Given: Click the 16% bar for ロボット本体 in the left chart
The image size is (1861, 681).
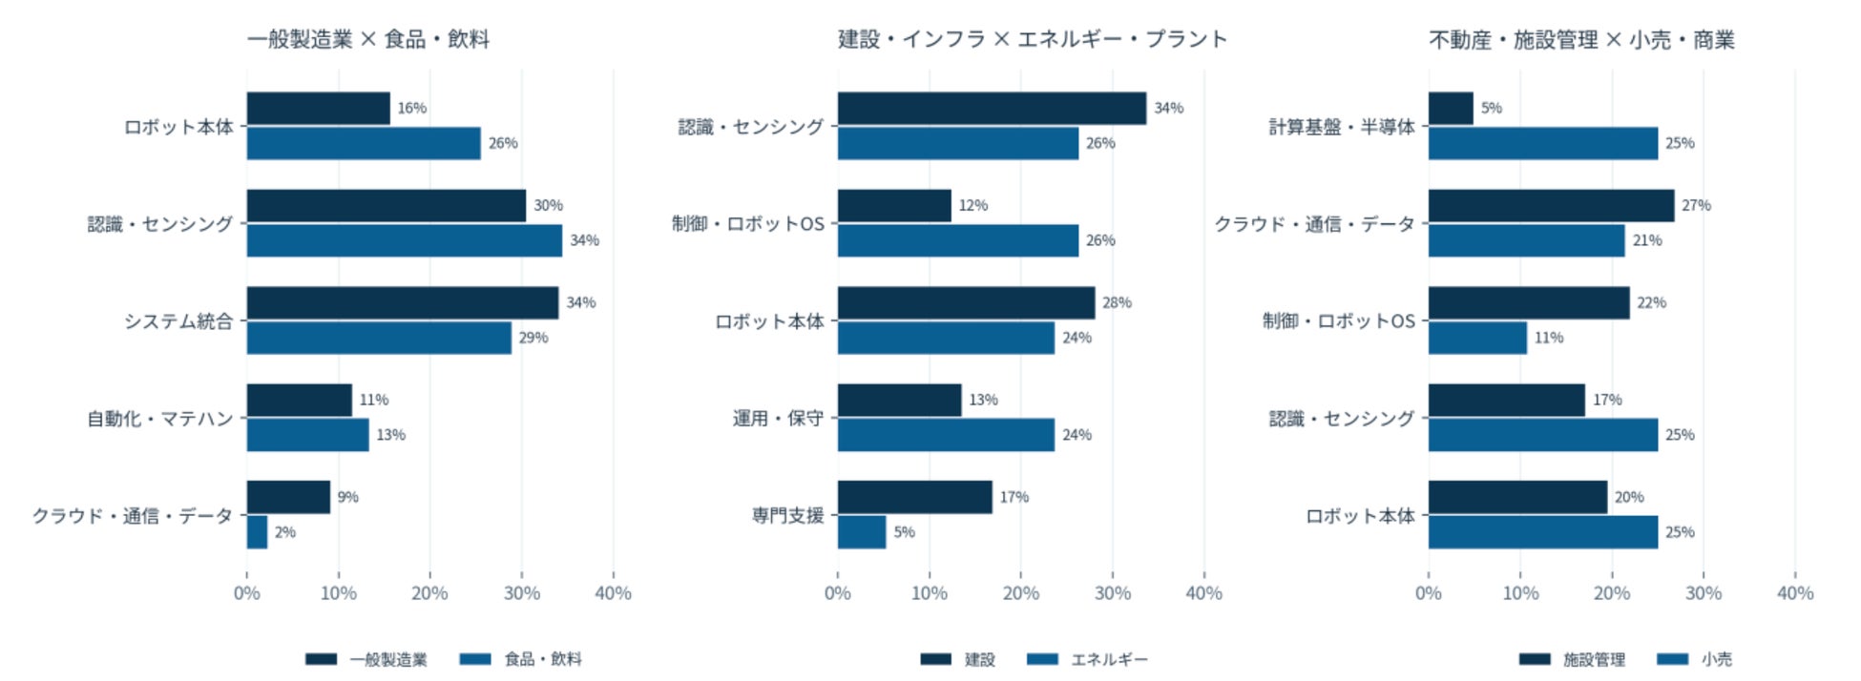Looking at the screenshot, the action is pos(319,109).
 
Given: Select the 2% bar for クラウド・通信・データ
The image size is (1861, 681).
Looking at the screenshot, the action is pos(258,532).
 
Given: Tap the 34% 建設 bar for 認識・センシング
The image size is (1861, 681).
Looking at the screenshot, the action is pos(993,109).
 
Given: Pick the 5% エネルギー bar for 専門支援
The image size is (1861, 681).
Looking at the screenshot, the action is pos(862,532).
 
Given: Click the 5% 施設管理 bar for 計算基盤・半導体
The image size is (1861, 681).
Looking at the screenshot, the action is pos(1452,109).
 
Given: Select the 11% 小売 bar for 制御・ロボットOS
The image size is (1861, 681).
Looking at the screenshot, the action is pos(1478,338).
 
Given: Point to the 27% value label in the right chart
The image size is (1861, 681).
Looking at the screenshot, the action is pos(1696,205).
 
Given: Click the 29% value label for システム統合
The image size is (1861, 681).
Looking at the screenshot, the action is pos(533,338).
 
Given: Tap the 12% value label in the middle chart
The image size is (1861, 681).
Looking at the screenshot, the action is pos(973,205).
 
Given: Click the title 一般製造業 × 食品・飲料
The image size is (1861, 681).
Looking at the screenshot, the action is pos(368,39).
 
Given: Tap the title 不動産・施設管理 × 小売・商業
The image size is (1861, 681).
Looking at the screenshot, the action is pos(1582,40).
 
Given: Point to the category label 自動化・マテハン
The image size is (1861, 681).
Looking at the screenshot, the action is pos(160,419).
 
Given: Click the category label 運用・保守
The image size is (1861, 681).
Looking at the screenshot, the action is pos(778,419).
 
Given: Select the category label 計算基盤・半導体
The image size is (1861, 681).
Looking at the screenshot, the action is pos(1342,127).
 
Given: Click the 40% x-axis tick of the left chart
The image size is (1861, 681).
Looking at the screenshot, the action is pos(613,593).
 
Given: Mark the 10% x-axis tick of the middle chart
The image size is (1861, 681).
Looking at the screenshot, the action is pos(930,593).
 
